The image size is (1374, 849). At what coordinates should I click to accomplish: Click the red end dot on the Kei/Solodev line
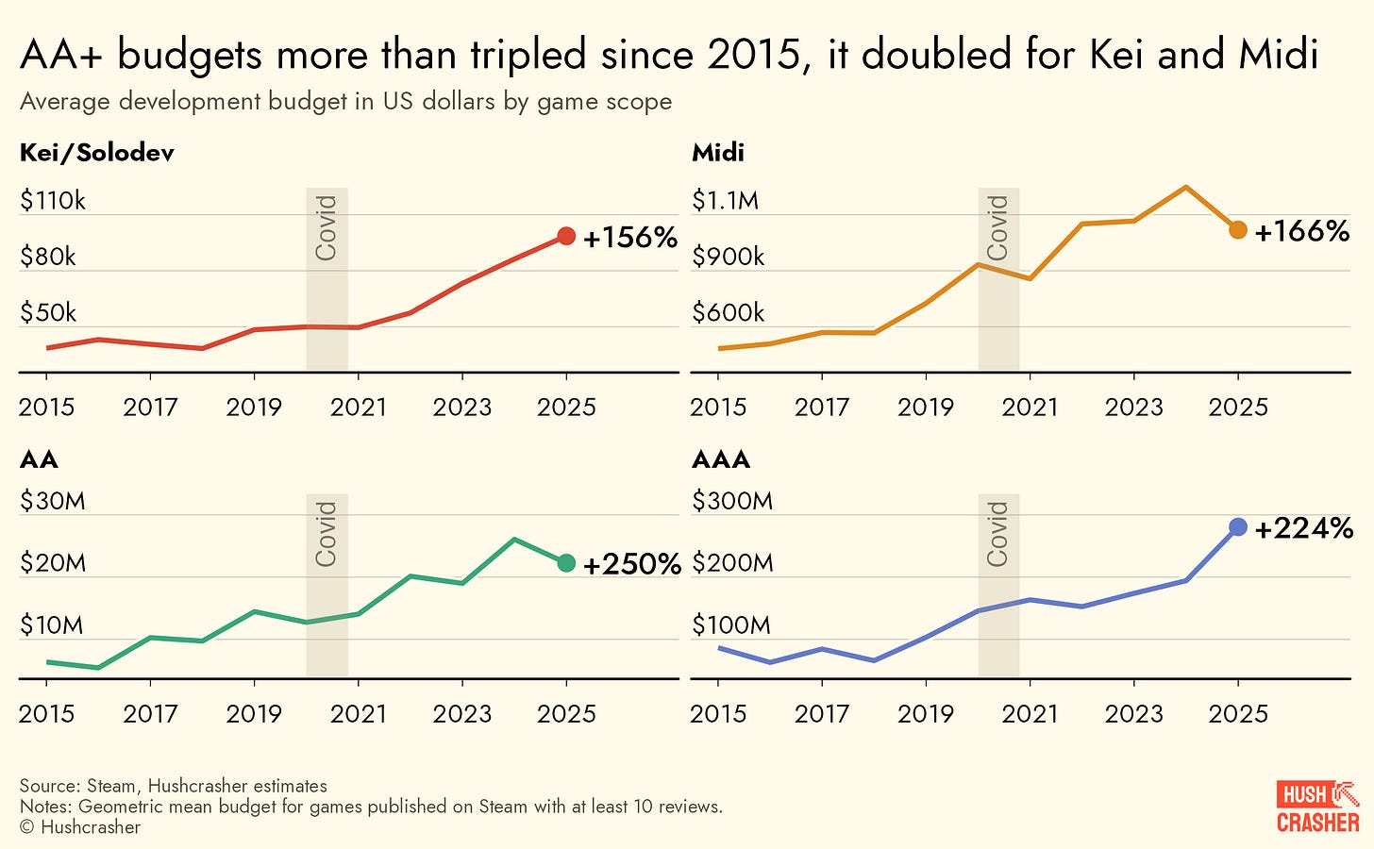(x=566, y=237)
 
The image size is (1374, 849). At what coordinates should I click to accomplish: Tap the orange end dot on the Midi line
(x=1238, y=230)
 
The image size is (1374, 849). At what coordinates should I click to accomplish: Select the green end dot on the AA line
(x=566, y=563)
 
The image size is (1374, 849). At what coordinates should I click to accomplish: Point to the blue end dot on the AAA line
(x=1238, y=527)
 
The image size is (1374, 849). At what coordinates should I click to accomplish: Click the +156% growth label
(x=630, y=238)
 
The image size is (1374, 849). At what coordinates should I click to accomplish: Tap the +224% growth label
(x=1304, y=528)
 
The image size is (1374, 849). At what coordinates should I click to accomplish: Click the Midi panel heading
(x=718, y=153)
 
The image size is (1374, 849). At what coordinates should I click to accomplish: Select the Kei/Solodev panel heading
(x=97, y=153)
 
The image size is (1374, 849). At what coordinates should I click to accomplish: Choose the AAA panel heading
(x=721, y=459)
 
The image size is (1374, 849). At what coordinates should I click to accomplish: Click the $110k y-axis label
(x=53, y=200)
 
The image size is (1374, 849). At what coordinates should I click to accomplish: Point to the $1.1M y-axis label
(x=725, y=200)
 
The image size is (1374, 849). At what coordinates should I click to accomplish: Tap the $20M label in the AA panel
(x=53, y=563)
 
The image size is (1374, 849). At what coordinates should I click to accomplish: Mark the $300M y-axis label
(x=732, y=501)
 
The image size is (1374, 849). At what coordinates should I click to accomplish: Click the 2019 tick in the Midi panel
(x=926, y=408)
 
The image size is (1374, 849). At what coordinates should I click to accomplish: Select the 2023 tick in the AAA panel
(x=1133, y=714)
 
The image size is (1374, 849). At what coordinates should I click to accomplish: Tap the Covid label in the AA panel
(x=327, y=534)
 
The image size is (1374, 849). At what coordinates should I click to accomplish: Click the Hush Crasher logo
(x=1318, y=807)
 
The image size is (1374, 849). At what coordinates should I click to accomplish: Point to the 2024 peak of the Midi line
(x=1185, y=187)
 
